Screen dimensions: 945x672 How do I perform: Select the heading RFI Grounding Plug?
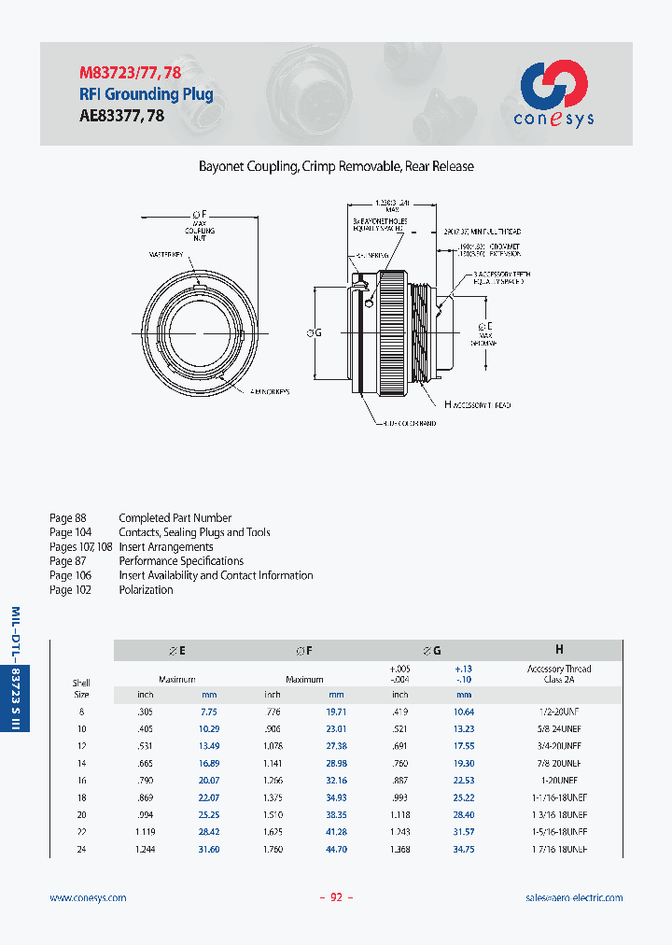[x=145, y=94]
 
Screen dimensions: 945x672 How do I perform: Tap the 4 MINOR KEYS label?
[x=270, y=392]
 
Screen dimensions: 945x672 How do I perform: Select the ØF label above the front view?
[x=200, y=214]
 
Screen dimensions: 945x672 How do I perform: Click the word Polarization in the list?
[x=146, y=590]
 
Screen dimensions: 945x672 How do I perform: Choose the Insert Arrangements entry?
[x=166, y=547]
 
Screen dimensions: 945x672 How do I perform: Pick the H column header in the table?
[x=558, y=649]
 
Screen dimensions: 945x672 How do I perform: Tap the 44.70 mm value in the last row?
[x=336, y=850]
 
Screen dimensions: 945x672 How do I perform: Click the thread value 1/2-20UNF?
[x=559, y=712]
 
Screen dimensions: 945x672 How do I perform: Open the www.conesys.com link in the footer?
[x=88, y=897]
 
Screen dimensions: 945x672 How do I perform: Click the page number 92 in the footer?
[x=336, y=897]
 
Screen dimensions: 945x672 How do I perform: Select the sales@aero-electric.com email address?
[x=574, y=897]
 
